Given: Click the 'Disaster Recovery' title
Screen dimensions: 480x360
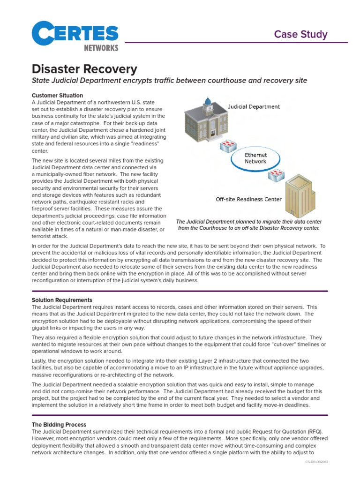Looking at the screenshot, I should (x=84, y=69).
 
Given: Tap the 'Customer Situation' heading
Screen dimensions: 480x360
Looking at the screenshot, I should (x=57, y=96).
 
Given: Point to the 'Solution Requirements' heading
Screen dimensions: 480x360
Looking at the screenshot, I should (x=62, y=300).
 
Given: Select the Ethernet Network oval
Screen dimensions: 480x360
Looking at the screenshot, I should (x=256, y=158).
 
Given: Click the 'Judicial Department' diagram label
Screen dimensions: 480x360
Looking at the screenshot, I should (x=254, y=107).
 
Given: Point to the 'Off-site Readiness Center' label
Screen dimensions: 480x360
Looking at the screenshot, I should (x=248, y=199).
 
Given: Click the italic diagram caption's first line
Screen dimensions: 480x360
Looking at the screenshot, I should (x=248, y=222).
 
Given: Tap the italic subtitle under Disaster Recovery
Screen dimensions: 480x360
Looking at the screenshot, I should (x=169, y=81).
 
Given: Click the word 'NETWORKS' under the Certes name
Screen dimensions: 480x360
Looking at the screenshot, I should (x=101, y=48).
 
